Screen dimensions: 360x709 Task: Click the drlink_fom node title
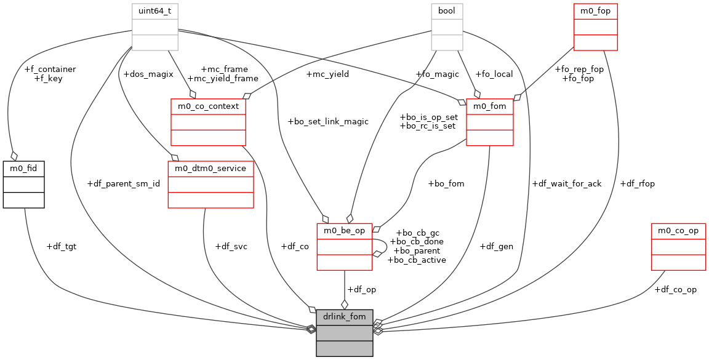click(344, 316)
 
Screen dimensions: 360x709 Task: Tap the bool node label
click(447, 11)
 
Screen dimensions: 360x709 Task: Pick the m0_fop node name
click(595, 11)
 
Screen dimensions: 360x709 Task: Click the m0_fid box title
click(23, 168)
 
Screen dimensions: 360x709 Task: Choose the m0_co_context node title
click(208, 106)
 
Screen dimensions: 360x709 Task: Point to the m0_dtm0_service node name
click(210, 168)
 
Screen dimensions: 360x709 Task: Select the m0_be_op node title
click(344, 230)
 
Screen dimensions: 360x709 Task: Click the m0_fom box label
click(489, 106)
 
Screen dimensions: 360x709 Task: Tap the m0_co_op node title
click(678, 230)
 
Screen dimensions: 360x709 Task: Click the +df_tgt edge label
click(62, 246)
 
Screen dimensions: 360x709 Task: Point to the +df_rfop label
click(638, 183)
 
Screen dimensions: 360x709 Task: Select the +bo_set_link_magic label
click(328, 121)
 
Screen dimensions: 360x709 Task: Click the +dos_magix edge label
click(148, 74)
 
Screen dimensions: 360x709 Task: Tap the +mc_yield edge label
click(327, 74)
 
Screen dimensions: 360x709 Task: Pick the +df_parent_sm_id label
click(124, 183)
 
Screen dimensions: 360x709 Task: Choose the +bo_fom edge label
click(446, 183)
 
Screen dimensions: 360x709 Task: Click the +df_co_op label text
click(676, 289)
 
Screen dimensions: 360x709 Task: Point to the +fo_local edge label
click(494, 74)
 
